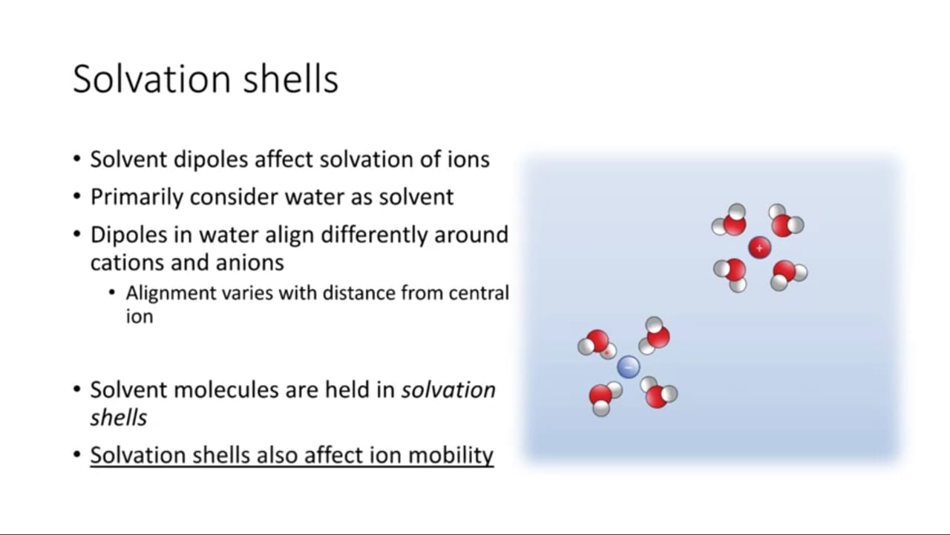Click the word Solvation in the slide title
coord(152,79)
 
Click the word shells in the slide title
coord(290,79)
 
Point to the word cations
coord(127,262)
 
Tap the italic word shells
coord(118,418)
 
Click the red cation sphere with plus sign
coord(759,247)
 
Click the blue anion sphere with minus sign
coord(628,367)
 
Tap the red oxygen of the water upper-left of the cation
coord(735,224)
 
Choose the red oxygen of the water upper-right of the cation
coord(782,225)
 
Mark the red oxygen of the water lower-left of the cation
coord(735,270)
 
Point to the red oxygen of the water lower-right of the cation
coord(784,271)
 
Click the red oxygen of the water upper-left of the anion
coord(597,341)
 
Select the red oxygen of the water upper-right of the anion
coord(658,337)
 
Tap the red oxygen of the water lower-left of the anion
coord(600,396)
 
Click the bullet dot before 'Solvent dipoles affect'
coord(76,160)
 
